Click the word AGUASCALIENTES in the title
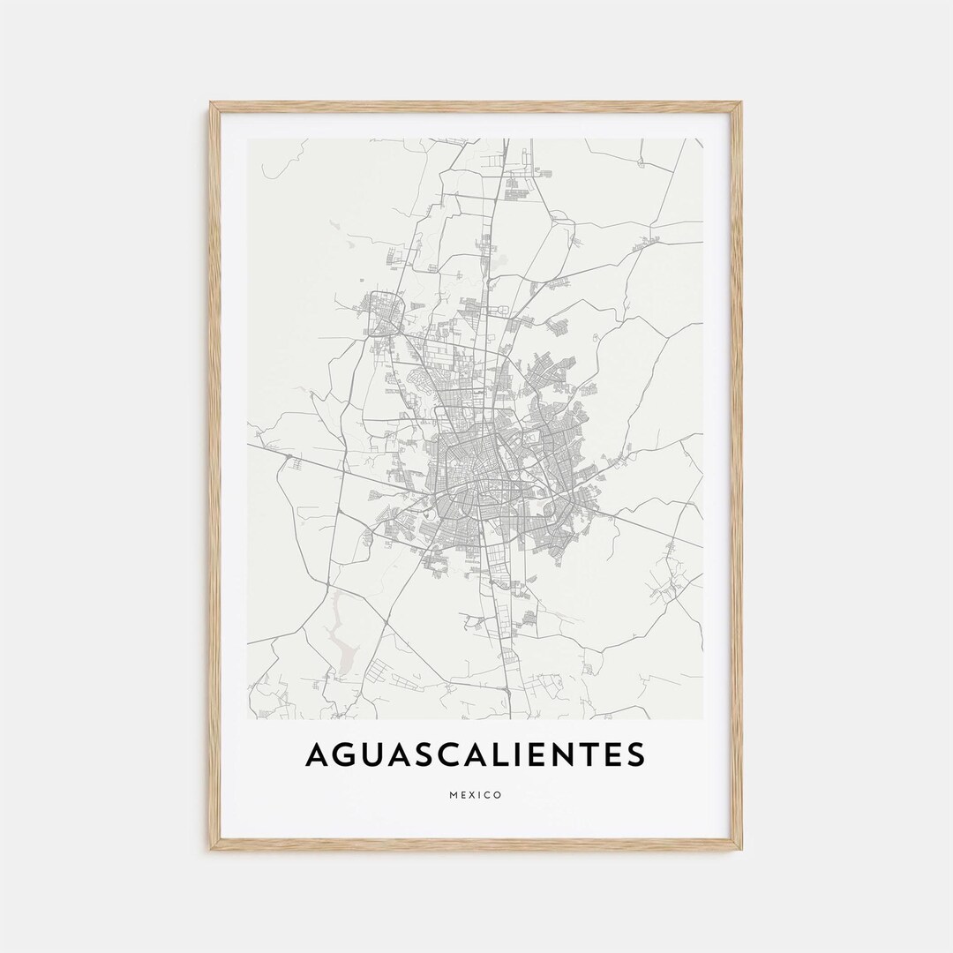476,754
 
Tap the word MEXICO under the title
476,795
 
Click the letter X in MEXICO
472,795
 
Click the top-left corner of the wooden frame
213,105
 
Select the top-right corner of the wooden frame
739,105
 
